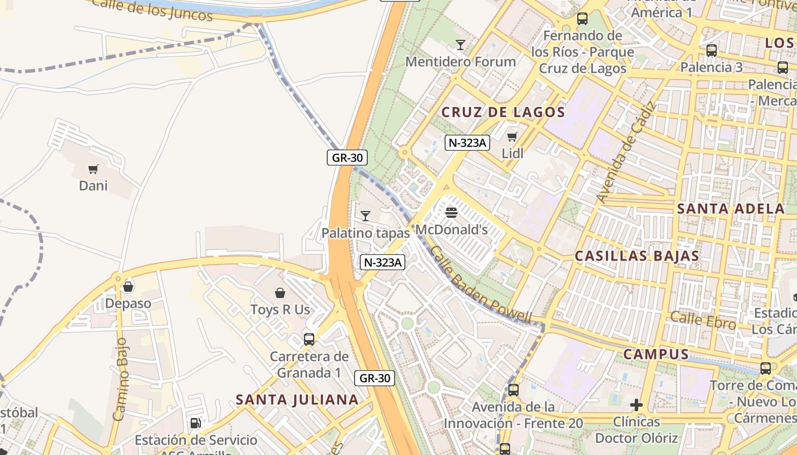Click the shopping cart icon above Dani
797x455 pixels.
pos(93,169)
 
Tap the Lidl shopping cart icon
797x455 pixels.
pos(512,136)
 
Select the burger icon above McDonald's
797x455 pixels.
pos(451,213)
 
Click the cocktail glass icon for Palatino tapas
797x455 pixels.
pos(365,216)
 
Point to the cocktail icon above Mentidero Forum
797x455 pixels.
pos(461,44)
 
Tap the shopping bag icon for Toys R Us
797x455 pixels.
pos(280,293)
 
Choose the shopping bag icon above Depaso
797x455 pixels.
pos(128,286)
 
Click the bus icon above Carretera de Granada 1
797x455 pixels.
pos(309,340)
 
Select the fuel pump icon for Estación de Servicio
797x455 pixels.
pos(195,423)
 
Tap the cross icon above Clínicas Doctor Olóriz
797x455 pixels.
pos(636,405)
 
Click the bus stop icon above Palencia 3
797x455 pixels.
pos(711,50)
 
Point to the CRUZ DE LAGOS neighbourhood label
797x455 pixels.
pos(503,112)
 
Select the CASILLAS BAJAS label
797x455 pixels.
pos(636,256)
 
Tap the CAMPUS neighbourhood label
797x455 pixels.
pos(656,354)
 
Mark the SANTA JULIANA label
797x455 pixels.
pos(297,399)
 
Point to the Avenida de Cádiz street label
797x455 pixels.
pos(626,152)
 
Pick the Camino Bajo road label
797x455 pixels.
pos(120,378)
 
